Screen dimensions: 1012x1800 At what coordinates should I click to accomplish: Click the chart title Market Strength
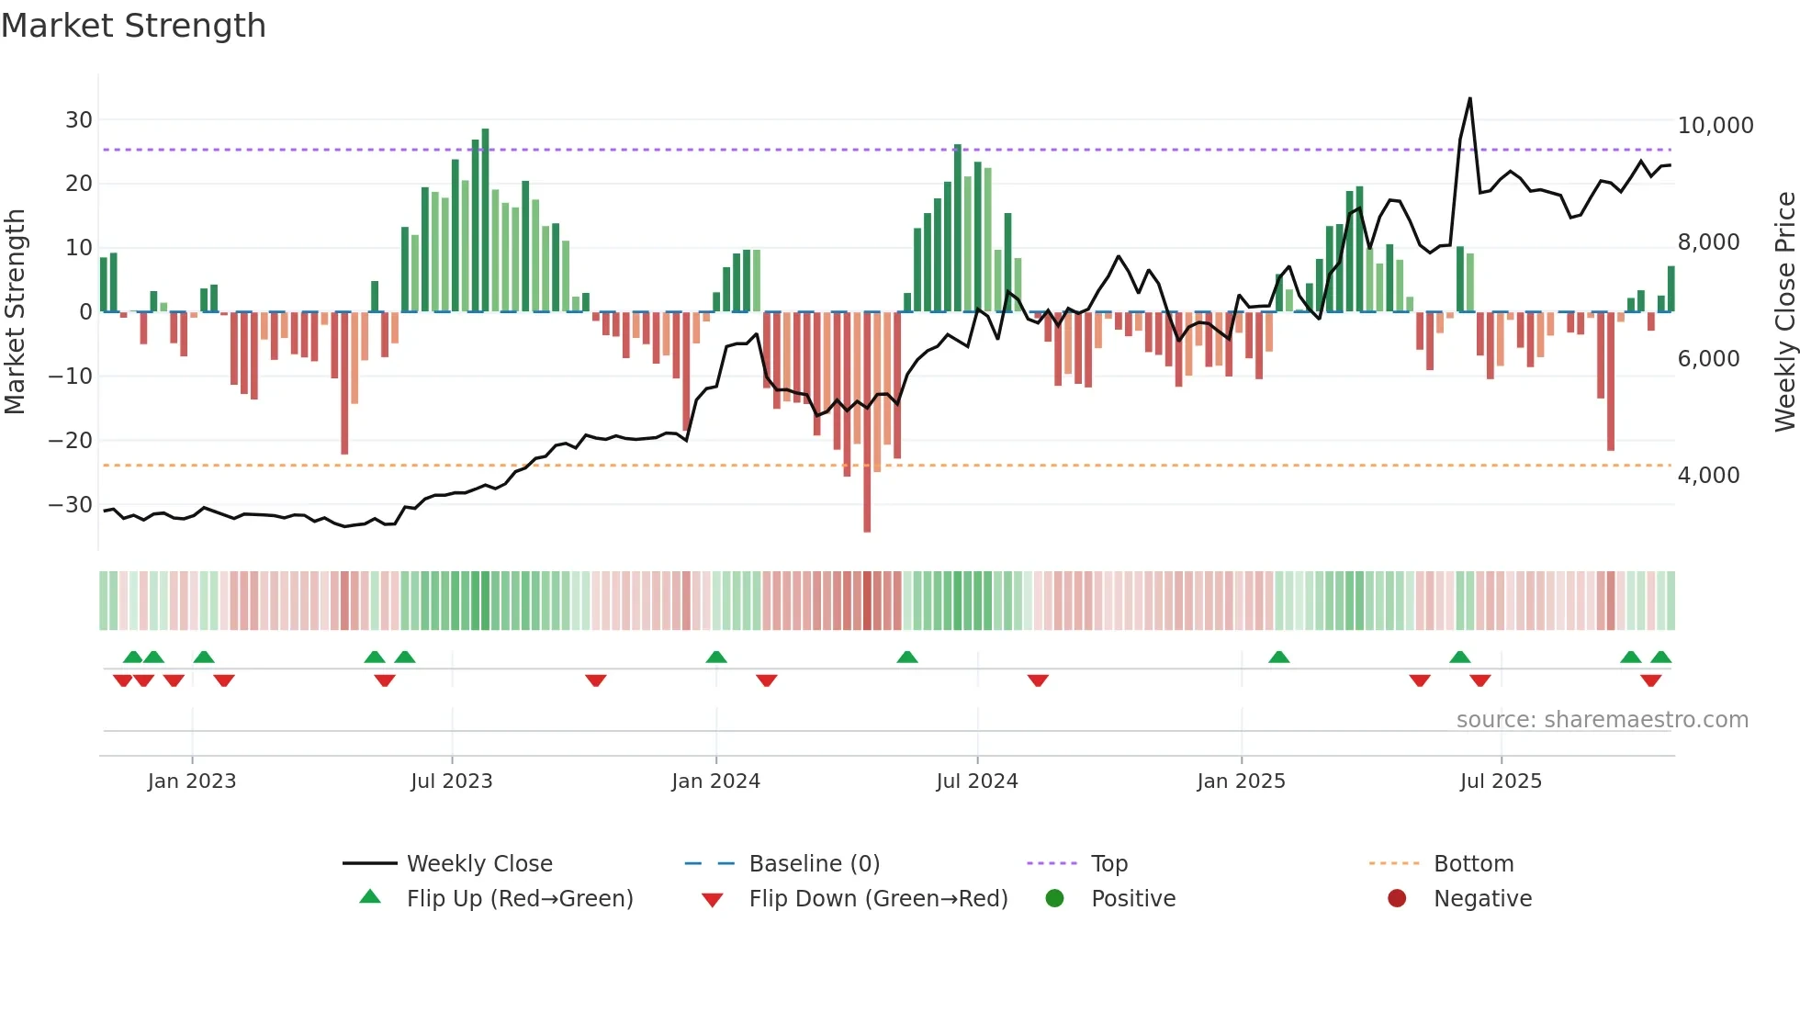133,26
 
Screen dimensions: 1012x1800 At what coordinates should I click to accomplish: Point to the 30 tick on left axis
78,120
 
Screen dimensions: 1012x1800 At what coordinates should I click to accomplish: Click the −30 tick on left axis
71,505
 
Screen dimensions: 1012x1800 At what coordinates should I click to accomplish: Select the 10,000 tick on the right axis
1715,126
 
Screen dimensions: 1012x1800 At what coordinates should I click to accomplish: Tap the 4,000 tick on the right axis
1708,476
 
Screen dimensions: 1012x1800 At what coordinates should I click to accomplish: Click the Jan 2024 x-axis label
715,781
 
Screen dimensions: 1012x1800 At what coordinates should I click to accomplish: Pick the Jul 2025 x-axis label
1501,781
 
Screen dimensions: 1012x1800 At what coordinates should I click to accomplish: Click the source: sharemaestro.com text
1602,720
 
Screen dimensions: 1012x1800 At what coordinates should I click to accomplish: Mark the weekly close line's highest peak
1469,99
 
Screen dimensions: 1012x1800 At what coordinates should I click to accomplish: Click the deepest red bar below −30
867,514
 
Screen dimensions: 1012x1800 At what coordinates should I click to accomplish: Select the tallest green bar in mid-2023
485,220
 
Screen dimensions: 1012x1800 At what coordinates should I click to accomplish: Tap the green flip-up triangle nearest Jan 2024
716,657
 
